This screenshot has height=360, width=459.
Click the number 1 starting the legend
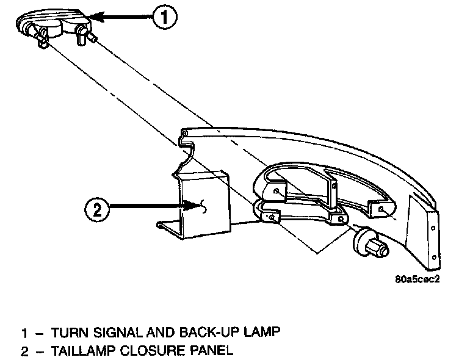(24, 333)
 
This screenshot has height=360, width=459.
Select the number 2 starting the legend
(24, 351)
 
